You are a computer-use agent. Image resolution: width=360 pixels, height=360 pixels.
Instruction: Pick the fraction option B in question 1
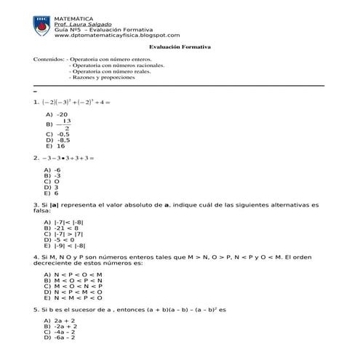click(60, 124)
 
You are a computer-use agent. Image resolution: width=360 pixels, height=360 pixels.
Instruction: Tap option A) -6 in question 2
click(53, 169)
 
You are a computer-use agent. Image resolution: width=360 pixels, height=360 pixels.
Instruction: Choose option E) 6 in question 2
click(52, 194)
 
